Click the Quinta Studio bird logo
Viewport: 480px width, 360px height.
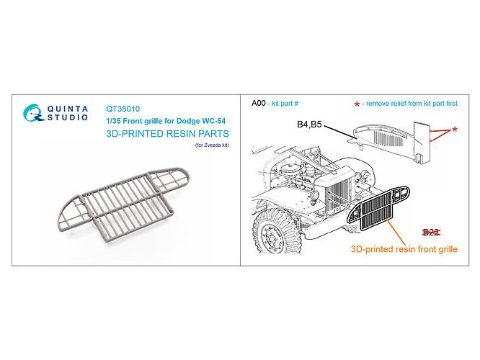[33, 113]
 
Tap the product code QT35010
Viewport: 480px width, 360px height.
[123, 109]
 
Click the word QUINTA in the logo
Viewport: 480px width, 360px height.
[68, 109]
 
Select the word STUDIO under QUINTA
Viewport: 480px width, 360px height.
[68, 117]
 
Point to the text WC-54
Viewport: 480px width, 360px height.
[213, 121]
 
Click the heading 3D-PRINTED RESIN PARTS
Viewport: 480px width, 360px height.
[167, 134]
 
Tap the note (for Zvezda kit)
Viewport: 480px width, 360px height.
[212, 145]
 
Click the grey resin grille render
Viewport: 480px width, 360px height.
[123, 204]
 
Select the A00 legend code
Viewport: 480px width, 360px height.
[259, 104]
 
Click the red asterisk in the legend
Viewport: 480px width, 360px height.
[357, 104]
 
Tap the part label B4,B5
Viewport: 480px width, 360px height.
[309, 125]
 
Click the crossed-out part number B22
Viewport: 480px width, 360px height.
[431, 233]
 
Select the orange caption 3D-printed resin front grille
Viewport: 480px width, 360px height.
[404, 249]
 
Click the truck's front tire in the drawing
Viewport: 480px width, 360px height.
[273, 232]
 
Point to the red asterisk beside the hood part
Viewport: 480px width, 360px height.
[455, 130]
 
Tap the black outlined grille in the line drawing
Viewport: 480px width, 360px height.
[378, 208]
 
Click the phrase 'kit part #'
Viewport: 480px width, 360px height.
[285, 104]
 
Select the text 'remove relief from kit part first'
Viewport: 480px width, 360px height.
[412, 104]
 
